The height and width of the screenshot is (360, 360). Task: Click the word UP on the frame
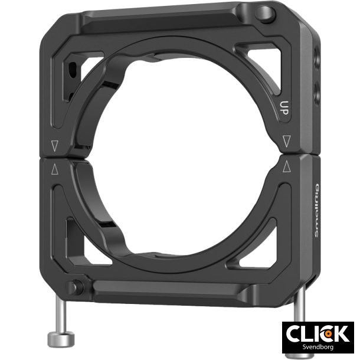coord(284,108)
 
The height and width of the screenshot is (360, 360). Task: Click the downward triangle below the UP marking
coord(287,142)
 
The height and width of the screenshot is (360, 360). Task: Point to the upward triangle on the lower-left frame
coord(55,170)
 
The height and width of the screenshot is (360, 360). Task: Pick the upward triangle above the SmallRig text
coord(287,166)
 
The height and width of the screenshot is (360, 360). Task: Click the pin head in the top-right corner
coord(266,12)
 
